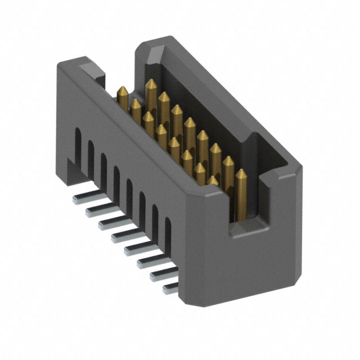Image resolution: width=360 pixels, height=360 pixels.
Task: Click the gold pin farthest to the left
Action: point(121,96)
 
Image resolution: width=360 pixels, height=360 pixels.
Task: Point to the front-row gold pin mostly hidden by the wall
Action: point(213,180)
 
